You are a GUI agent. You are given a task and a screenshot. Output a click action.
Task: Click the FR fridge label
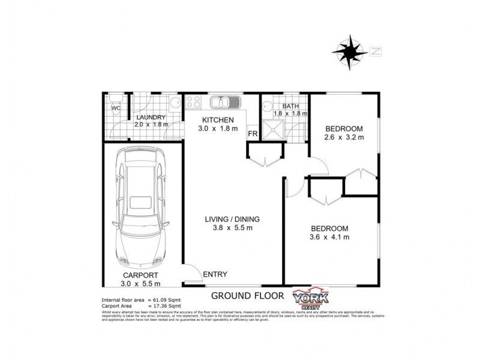252,133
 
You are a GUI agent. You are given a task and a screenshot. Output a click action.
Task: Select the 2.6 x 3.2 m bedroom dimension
344,137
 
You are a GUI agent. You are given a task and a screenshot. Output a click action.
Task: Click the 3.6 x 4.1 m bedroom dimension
329,237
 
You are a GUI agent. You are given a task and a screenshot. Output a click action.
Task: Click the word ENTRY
215,275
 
